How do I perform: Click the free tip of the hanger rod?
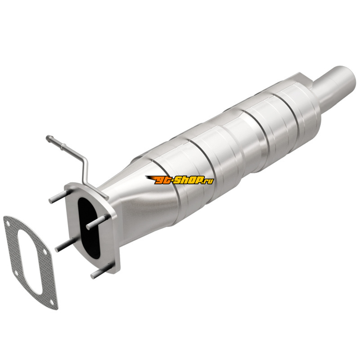point(48,138)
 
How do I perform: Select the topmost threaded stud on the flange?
point(60,196)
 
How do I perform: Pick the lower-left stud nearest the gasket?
point(65,245)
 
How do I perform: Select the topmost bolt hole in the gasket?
point(8,223)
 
